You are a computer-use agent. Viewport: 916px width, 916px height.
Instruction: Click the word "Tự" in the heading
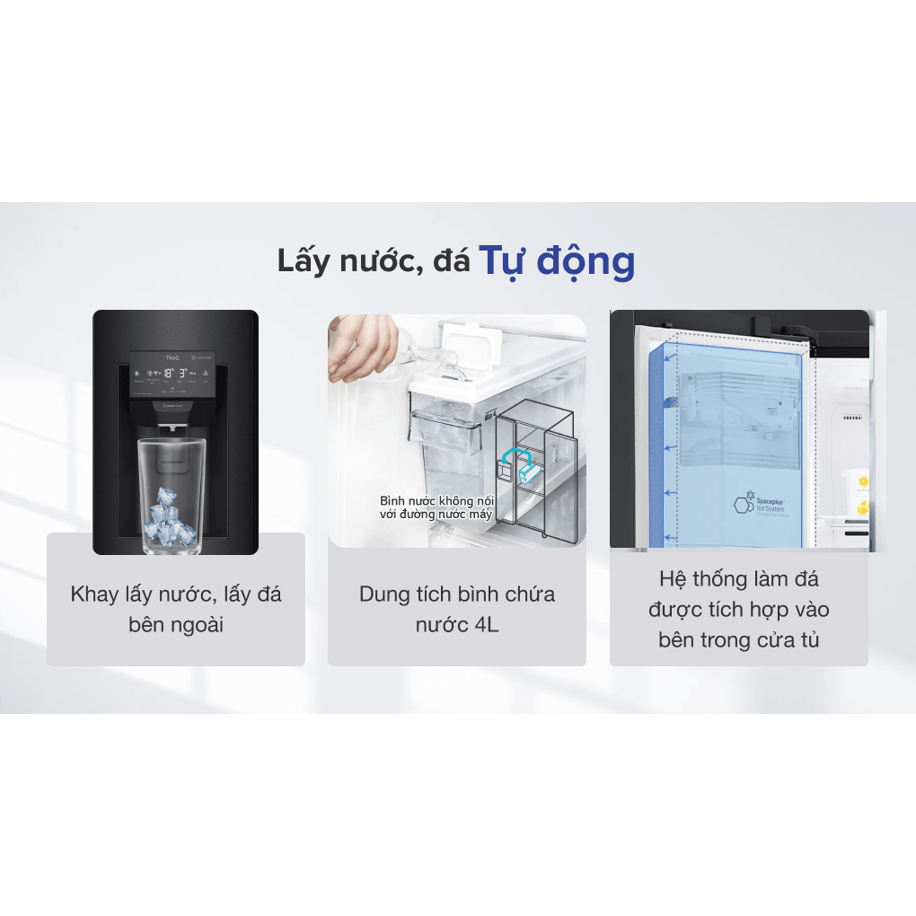503,260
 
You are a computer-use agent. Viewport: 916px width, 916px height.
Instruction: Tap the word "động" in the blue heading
586,262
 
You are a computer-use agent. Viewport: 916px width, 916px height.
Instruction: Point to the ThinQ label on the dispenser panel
172,357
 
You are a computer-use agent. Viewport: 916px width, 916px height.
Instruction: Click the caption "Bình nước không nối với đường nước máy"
436,506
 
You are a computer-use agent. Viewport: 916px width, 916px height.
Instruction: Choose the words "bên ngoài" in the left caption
176,624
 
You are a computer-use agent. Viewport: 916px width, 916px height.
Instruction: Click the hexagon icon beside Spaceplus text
743,505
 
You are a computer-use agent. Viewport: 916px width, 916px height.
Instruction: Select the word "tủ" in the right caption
809,640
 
